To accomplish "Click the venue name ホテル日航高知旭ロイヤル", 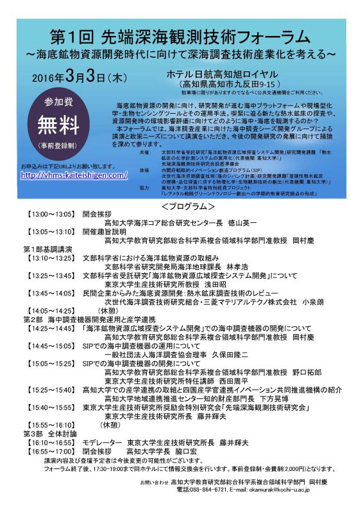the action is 221,75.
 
